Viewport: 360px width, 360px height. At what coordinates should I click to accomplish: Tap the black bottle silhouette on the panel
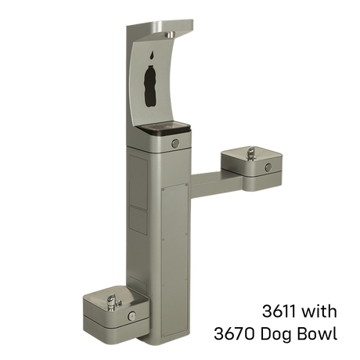click(151, 86)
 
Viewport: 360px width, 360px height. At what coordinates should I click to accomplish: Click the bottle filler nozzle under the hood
click(171, 34)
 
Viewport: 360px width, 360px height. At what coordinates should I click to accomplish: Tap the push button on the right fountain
click(268, 167)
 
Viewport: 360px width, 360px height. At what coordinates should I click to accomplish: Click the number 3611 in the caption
click(279, 311)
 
